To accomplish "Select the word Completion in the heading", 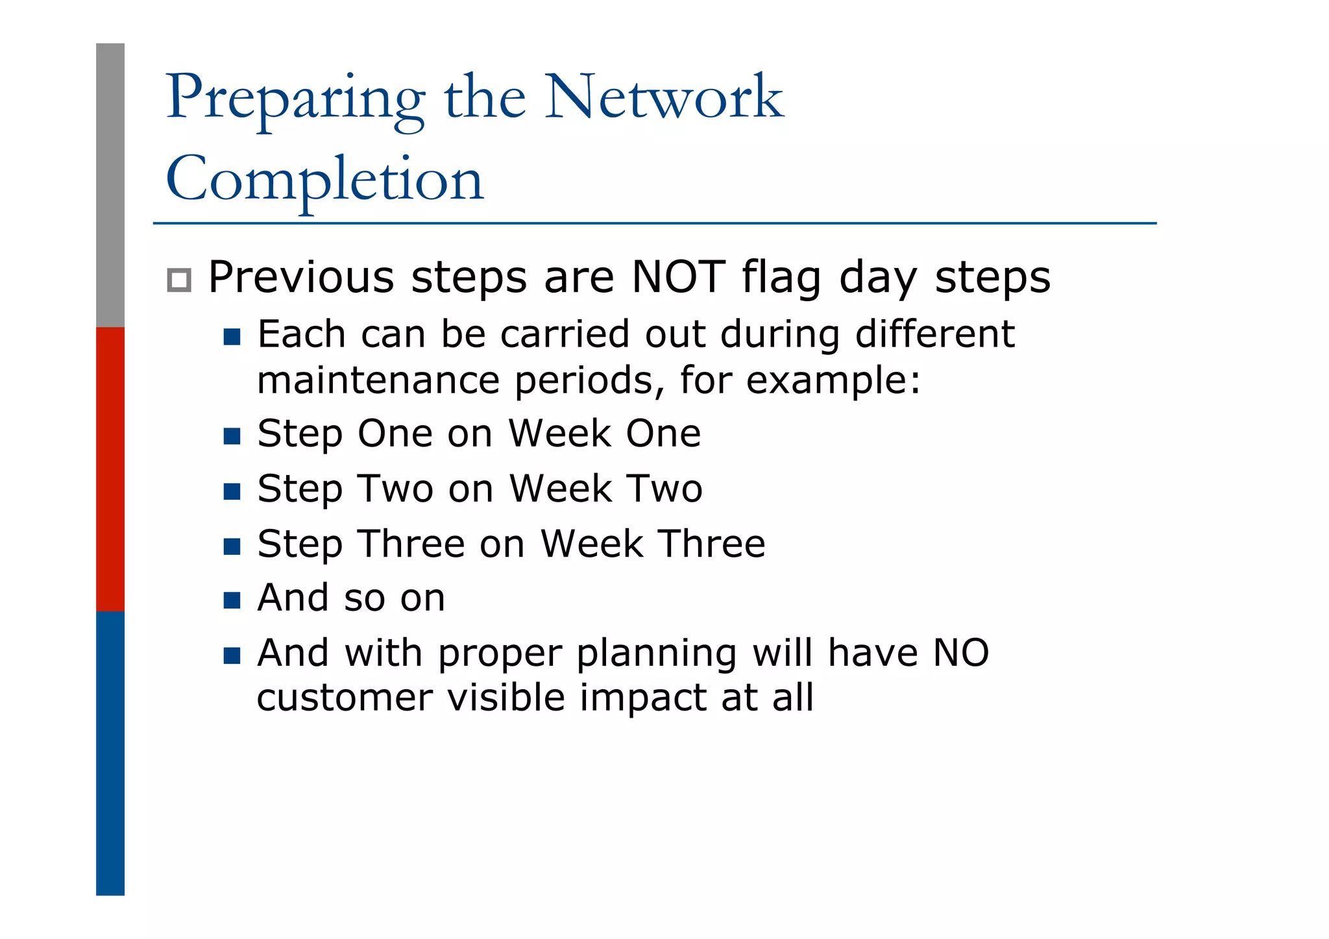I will pos(324,180).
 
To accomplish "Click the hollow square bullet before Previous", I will pos(179,280).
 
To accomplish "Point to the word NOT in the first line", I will pos(678,278).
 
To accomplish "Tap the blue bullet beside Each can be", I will pos(232,337).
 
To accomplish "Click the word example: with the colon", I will pos(833,381).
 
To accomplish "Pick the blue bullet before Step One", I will pos(232,435).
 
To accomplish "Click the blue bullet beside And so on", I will pos(232,600).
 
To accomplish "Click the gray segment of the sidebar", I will pos(110,185).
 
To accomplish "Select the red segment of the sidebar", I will pos(110,469).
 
